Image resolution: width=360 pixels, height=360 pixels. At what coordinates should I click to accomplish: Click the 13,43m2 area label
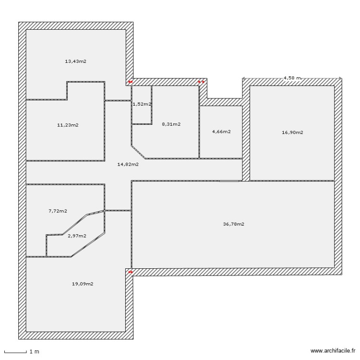(75, 61)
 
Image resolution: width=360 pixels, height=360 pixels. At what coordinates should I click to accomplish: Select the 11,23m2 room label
(68, 125)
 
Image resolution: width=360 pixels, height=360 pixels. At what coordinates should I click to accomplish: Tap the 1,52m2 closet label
(142, 104)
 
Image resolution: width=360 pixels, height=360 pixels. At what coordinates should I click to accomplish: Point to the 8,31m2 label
(171, 124)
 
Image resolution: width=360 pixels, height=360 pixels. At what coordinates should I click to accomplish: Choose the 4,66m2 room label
(221, 132)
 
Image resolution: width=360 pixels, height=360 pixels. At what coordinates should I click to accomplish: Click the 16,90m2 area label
(292, 132)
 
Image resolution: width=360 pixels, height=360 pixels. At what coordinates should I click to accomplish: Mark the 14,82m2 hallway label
(128, 164)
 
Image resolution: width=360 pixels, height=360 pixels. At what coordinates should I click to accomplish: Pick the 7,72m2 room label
(58, 211)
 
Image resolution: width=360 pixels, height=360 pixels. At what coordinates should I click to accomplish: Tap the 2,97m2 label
(77, 236)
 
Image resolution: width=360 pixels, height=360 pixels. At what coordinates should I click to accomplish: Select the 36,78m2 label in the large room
(234, 224)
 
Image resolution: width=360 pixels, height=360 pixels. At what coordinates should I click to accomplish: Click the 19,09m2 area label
(83, 284)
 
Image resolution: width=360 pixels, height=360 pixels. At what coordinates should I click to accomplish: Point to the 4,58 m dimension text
(292, 77)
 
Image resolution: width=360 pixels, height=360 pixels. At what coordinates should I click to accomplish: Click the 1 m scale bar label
(34, 352)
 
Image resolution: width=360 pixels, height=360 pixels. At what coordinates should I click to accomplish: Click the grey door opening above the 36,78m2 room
(229, 181)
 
